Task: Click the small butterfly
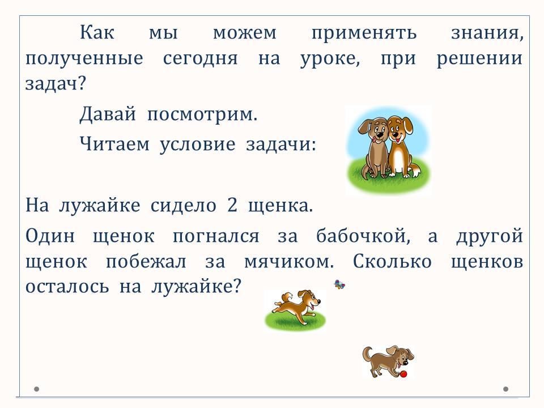pos(339,285)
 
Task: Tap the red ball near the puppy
pos(403,374)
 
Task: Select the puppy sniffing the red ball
pos(388,361)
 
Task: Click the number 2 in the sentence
pos(232,205)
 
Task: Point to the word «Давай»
pos(108,114)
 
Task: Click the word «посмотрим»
pos(202,114)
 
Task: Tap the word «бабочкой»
pos(363,236)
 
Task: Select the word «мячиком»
pos(288,262)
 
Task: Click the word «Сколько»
pos(392,261)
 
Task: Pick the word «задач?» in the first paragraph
pos(55,84)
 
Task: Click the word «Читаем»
pos(114,143)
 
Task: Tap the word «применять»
pos(364,33)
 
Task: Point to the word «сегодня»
pos(200,58)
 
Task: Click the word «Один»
pos(50,236)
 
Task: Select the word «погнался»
pos(216,236)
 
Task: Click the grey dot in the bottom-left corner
pos(36,389)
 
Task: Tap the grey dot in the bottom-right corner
pos(505,389)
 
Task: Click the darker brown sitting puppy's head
pos(373,129)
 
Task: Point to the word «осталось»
pos(67,287)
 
